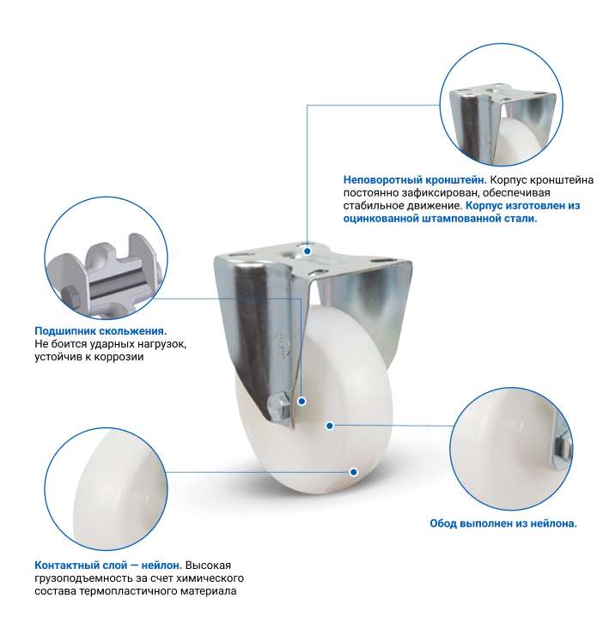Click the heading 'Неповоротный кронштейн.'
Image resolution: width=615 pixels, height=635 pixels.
coord(414,180)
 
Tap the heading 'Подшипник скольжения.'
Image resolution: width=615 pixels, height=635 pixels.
coord(100,331)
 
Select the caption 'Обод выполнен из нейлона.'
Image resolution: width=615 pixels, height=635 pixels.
coord(503,523)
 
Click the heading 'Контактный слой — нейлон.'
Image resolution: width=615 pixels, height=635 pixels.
coord(108,565)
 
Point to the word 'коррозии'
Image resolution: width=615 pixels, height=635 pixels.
coord(120,357)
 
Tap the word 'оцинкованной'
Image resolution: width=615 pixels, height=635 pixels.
coord(381,219)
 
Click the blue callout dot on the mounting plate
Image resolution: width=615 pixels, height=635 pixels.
coord(307,251)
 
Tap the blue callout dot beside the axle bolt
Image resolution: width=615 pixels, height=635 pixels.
coord(301,402)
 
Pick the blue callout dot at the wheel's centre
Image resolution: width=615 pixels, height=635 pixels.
coord(330,426)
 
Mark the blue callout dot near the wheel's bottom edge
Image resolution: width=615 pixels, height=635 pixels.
coord(354,472)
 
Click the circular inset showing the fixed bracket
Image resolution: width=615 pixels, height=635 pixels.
coord(502,105)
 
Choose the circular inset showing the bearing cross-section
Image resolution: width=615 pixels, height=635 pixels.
coord(107,258)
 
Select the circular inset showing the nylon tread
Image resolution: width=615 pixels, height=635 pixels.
coord(107,489)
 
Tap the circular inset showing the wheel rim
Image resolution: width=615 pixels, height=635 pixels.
coord(511,450)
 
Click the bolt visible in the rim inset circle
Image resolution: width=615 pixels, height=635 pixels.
coord(563,446)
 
